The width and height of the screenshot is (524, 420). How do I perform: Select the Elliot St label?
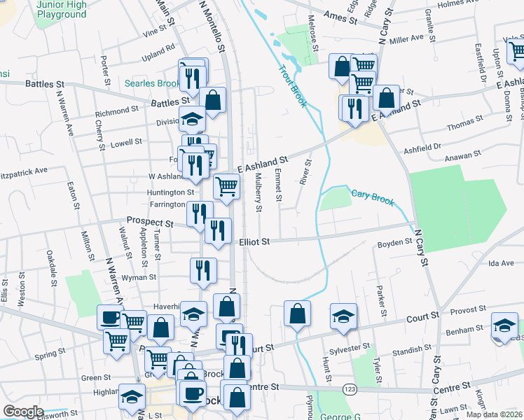click(x=254, y=241)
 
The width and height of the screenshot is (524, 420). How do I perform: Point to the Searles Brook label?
click(x=153, y=83)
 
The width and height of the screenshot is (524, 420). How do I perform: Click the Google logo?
click(x=23, y=412)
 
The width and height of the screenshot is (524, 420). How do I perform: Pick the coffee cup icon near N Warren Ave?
click(x=110, y=316)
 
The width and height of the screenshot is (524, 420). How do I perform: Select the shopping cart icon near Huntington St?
click(x=226, y=186)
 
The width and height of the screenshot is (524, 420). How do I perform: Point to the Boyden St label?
click(x=395, y=242)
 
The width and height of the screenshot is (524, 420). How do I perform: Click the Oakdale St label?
click(x=51, y=269)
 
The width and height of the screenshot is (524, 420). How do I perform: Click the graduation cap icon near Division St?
click(x=192, y=118)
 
